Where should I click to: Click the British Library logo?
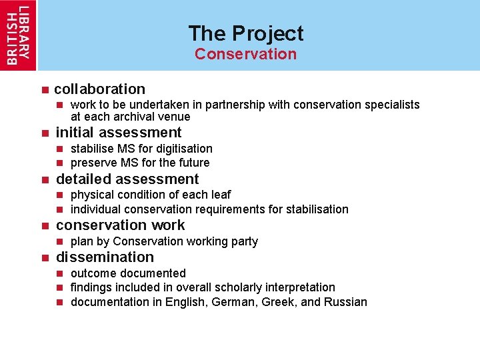[18, 35]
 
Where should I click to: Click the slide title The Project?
[245, 33]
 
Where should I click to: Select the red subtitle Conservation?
[245, 54]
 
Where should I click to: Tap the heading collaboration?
[99, 89]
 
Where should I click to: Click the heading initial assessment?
[119, 132]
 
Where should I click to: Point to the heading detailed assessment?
[127, 179]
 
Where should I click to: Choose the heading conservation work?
[121, 225]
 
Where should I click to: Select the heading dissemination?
[105, 257]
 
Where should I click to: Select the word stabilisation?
[317, 209]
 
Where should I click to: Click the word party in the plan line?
[244, 241]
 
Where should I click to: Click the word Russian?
[345, 302]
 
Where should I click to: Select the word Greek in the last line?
[280, 302]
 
